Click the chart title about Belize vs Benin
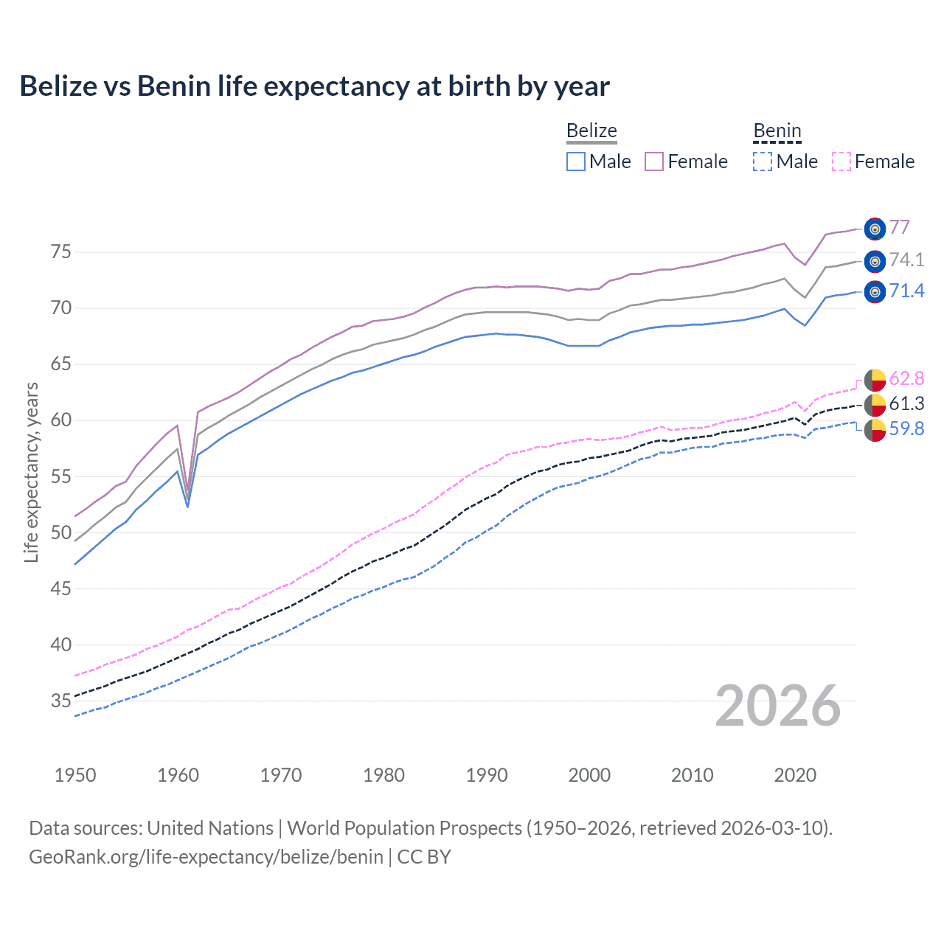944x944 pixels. click(314, 86)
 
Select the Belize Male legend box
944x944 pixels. click(576, 162)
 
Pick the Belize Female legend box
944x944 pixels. click(654, 162)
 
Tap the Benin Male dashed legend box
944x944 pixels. click(763, 162)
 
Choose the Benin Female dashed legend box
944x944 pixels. click(841, 162)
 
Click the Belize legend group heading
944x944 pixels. click(591, 131)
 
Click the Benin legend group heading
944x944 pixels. click(777, 131)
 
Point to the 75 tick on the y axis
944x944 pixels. click(61, 252)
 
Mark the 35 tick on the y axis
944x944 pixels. click(61, 701)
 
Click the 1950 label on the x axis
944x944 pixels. click(75, 775)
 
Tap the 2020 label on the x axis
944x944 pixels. click(795, 775)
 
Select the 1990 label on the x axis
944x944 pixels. click(487, 775)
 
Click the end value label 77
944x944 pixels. click(899, 227)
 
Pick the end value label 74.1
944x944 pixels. click(906, 260)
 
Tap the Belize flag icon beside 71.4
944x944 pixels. click(875, 292)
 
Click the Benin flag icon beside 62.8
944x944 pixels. click(875, 380)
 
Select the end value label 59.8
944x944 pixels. click(906, 429)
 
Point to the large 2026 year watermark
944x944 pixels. click(778, 706)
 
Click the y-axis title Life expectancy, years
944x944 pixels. click(31, 472)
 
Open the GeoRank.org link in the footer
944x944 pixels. click(206, 857)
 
